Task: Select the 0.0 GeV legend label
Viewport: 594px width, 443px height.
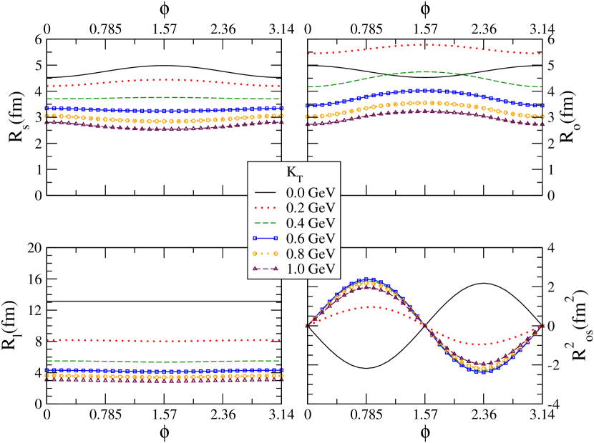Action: coord(311,192)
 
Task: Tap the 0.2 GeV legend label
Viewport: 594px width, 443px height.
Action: coord(311,208)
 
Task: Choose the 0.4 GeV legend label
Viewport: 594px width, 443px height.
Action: coord(311,223)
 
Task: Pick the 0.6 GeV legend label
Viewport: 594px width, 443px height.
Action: coord(311,238)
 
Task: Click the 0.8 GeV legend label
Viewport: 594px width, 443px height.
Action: coord(311,254)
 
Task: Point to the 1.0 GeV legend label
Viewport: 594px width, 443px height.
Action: coord(311,269)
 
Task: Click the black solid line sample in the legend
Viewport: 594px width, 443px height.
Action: coord(265,193)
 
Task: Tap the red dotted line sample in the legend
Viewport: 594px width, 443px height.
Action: coord(265,208)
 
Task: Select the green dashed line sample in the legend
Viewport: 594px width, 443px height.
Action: coord(265,223)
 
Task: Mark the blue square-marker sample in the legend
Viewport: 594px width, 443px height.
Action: coord(265,238)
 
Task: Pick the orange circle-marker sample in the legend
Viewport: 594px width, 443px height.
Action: coord(265,254)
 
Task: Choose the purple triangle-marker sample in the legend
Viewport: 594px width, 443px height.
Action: coord(265,269)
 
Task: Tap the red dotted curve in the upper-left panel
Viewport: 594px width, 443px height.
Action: coord(165,79)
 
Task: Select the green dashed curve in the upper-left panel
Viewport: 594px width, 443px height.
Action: coord(165,97)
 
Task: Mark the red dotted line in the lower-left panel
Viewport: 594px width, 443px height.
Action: coord(165,341)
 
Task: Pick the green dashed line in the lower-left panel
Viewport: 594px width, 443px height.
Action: coord(165,362)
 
